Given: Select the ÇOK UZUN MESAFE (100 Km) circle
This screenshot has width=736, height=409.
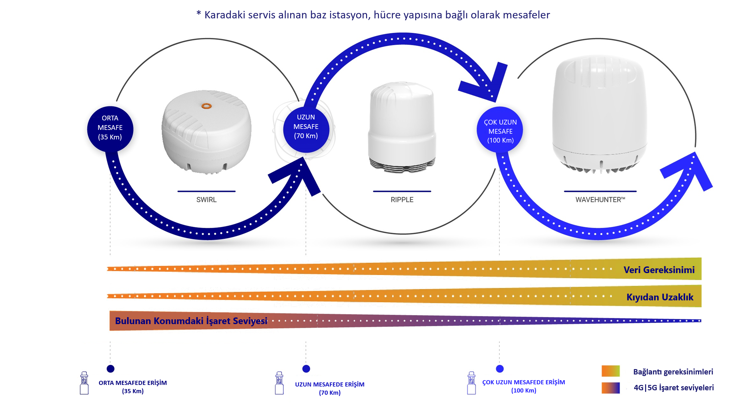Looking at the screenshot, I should click(500, 130).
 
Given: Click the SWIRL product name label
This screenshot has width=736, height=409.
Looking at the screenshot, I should click(206, 200).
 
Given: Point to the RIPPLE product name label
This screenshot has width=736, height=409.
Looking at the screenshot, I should click(402, 200).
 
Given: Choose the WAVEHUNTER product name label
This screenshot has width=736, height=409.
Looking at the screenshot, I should click(600, 200).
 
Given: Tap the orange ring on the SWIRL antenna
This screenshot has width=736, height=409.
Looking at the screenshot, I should click(206, 106).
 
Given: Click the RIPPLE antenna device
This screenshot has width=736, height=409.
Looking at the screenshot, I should click(402, 127).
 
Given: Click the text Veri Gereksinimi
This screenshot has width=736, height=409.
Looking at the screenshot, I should click(659, 270).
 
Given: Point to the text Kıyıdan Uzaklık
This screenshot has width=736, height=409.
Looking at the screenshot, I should click(660, 297).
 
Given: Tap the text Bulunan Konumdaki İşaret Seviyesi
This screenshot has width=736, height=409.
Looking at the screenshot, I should click(191, 321).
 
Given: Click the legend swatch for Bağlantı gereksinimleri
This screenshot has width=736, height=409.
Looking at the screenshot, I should click(610, 371).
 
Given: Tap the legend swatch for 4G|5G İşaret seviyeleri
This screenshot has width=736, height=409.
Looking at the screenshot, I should click(610, 388).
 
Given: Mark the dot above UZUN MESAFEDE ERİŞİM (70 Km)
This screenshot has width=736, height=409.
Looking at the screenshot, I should click(306, 369).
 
